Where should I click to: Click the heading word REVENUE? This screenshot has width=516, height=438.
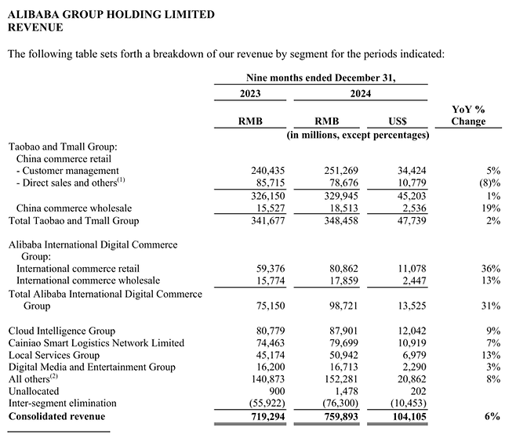point(35,27)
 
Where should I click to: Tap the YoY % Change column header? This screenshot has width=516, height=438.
point(468,115)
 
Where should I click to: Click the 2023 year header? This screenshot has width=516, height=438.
point(250,93)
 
